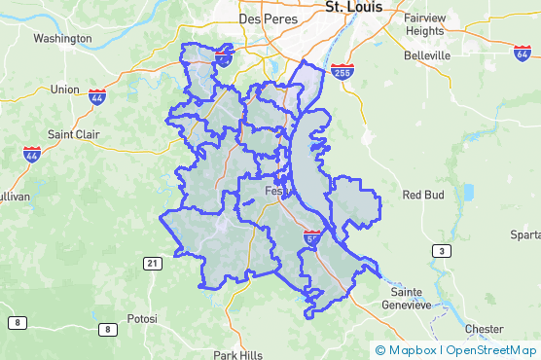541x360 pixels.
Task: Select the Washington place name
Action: (62, 39)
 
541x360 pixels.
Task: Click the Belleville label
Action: (427, 56)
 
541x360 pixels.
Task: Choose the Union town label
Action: (64, 90)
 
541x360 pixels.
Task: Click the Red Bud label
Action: (423, 195)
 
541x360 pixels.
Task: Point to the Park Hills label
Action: (237, 354)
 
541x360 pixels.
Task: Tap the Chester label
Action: (485, 329)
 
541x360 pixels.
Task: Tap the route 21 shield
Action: (152, 264)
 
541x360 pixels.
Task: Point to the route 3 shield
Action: (442, 251)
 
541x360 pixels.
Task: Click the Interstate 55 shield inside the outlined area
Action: (312, 236)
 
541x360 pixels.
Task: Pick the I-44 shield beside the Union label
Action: (97, 96)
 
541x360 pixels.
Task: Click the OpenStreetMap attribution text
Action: (490, 350)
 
